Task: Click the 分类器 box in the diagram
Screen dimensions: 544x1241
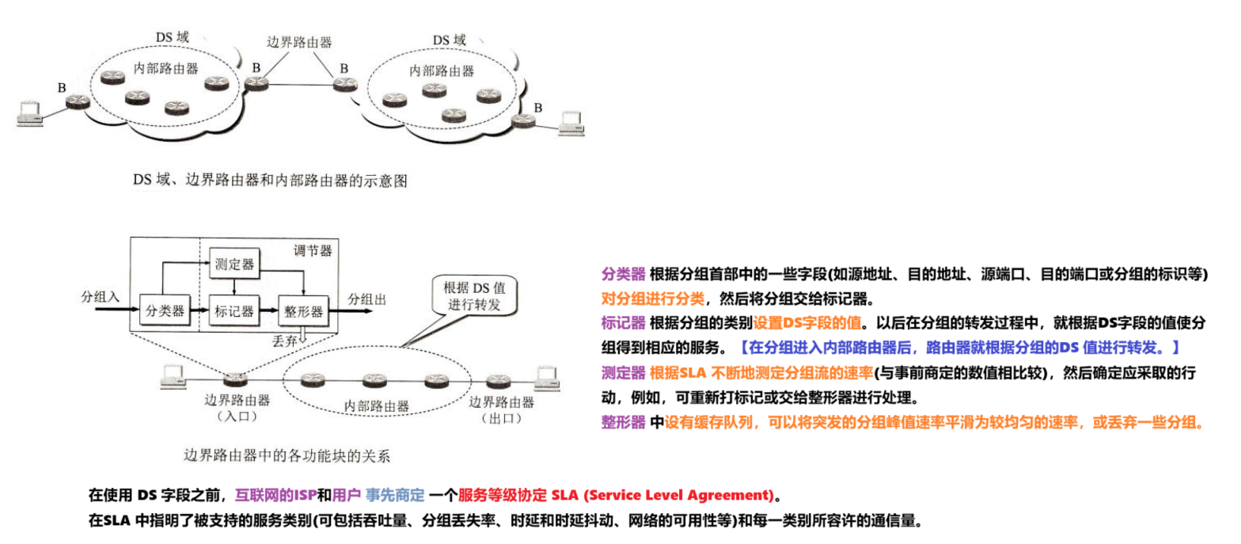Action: pyautogui.click(x=165, y=310)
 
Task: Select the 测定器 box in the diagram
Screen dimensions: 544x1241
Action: pyautogui.click(x=233, y=264)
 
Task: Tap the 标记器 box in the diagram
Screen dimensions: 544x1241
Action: pyautogui.click(x=233, y=310)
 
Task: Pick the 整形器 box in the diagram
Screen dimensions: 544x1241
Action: pyautogui.click(x=303, y=310)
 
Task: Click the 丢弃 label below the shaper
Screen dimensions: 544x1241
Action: pyautogui.click(x=284, y=339)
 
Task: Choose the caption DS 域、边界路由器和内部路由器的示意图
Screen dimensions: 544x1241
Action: pyautogui.click(x=270, y=181)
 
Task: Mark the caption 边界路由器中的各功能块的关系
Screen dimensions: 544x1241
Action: pyautogui.click(x=287, y=455)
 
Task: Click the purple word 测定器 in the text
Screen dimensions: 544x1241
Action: pyautogui.click(x=624, y=372)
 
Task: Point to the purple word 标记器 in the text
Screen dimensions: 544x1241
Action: pyautogui.click(x=624, y=323)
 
